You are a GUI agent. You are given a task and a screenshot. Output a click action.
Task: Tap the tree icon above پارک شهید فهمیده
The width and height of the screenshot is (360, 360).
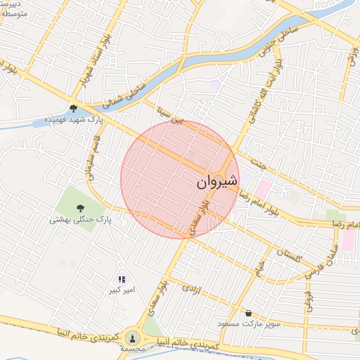click(x=73, y=108)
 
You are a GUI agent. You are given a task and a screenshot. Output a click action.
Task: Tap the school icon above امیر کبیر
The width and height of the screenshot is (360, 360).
click(x=122, y=279)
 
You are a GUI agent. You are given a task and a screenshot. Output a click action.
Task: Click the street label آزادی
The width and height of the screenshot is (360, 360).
click(x=191, y=288)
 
